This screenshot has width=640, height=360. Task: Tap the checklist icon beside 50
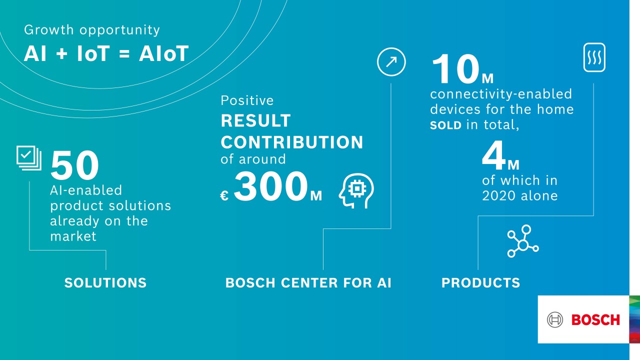tap(28, 157)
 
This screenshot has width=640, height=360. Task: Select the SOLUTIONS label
tap(105, 283)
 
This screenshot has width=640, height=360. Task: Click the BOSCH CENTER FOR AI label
tap(308, 283)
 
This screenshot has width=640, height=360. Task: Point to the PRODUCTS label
tap(480, 283)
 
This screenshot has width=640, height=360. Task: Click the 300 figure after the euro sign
tap(270, 186)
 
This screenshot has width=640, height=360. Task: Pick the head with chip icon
tap(356, 190)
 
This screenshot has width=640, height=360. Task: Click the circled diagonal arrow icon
tap(391, 62)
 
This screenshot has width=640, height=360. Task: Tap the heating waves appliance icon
tap(594, 57)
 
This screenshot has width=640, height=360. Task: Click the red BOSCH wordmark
tap(595, 319)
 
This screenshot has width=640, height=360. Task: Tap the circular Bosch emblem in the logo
tap(555, 319)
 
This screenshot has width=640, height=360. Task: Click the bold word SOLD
tap(446, 125)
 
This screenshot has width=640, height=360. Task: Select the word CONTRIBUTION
tap(292, 142)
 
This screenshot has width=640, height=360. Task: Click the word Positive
tap(247, 100)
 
